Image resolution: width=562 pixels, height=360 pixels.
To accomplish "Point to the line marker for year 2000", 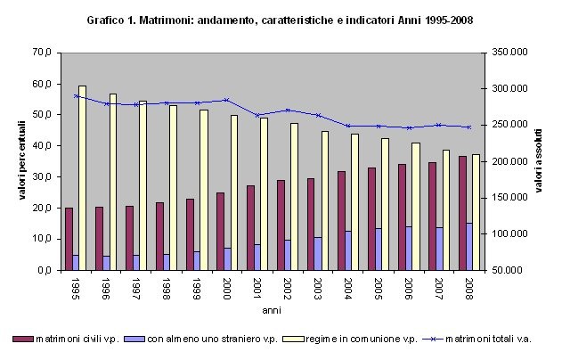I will (x=227, y=100).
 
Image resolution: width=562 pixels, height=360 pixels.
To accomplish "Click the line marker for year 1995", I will (x=76, y=96).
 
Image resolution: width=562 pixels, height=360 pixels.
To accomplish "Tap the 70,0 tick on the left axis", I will (x=42, y=53).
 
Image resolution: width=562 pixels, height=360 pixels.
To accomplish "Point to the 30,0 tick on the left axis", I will (x=42, y=176).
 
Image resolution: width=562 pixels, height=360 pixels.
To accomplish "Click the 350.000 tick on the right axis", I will (x=508, y=53).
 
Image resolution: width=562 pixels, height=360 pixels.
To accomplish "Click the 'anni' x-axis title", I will (x=272, y=310).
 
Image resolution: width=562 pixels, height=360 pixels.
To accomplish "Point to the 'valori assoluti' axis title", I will (x=539, y=161).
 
